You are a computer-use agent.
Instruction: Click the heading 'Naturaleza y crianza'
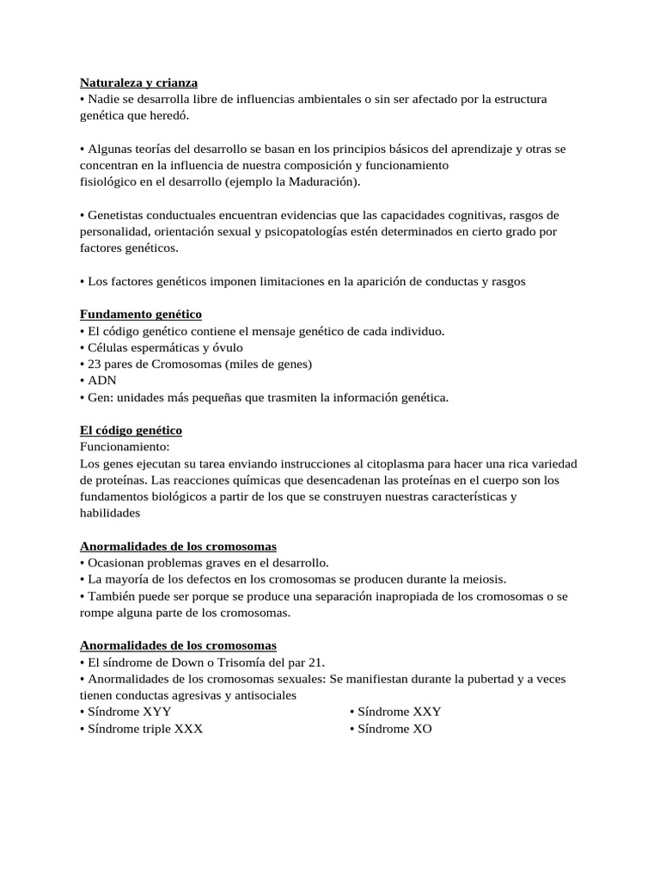click(138, 82)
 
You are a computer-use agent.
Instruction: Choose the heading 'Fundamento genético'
click(141, 315)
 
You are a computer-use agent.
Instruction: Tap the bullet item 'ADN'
click(101, 380)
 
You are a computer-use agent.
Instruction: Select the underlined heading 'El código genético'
click(131, 430)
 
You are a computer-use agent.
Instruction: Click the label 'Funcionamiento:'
click(125, 447)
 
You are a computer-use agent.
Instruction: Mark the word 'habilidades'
click(108, 512)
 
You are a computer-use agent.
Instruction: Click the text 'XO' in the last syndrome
click(422, 729)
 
